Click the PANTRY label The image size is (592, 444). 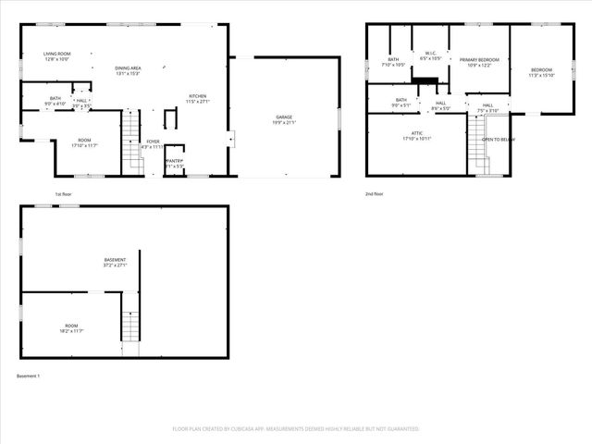[174, 163]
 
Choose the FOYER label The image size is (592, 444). [153, 143]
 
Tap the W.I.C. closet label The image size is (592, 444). [431, 55]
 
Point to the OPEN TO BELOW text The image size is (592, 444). [499, 140]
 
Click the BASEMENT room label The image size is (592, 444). [115, 262]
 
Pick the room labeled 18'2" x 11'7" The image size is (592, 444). [70, 327]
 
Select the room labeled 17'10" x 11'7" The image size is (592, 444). [86, 143]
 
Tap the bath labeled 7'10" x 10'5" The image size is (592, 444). [393, 62]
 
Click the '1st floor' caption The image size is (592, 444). [62, 194]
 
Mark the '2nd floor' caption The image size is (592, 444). [375, 194]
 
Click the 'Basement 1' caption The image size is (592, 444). [29, 376]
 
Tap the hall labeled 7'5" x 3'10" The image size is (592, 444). [487, 107]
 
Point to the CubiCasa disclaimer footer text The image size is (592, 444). [295, 429]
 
